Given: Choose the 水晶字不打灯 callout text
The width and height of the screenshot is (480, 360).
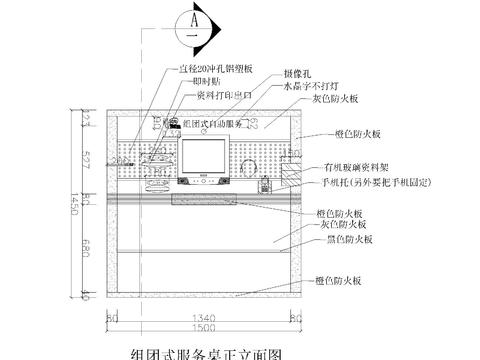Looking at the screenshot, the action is [312, 86].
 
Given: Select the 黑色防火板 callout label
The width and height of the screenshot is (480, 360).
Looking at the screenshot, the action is [342, 240].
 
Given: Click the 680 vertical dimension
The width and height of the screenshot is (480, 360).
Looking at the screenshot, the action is [87, 248].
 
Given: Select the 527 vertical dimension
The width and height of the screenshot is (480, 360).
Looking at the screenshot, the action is [87, 159].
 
